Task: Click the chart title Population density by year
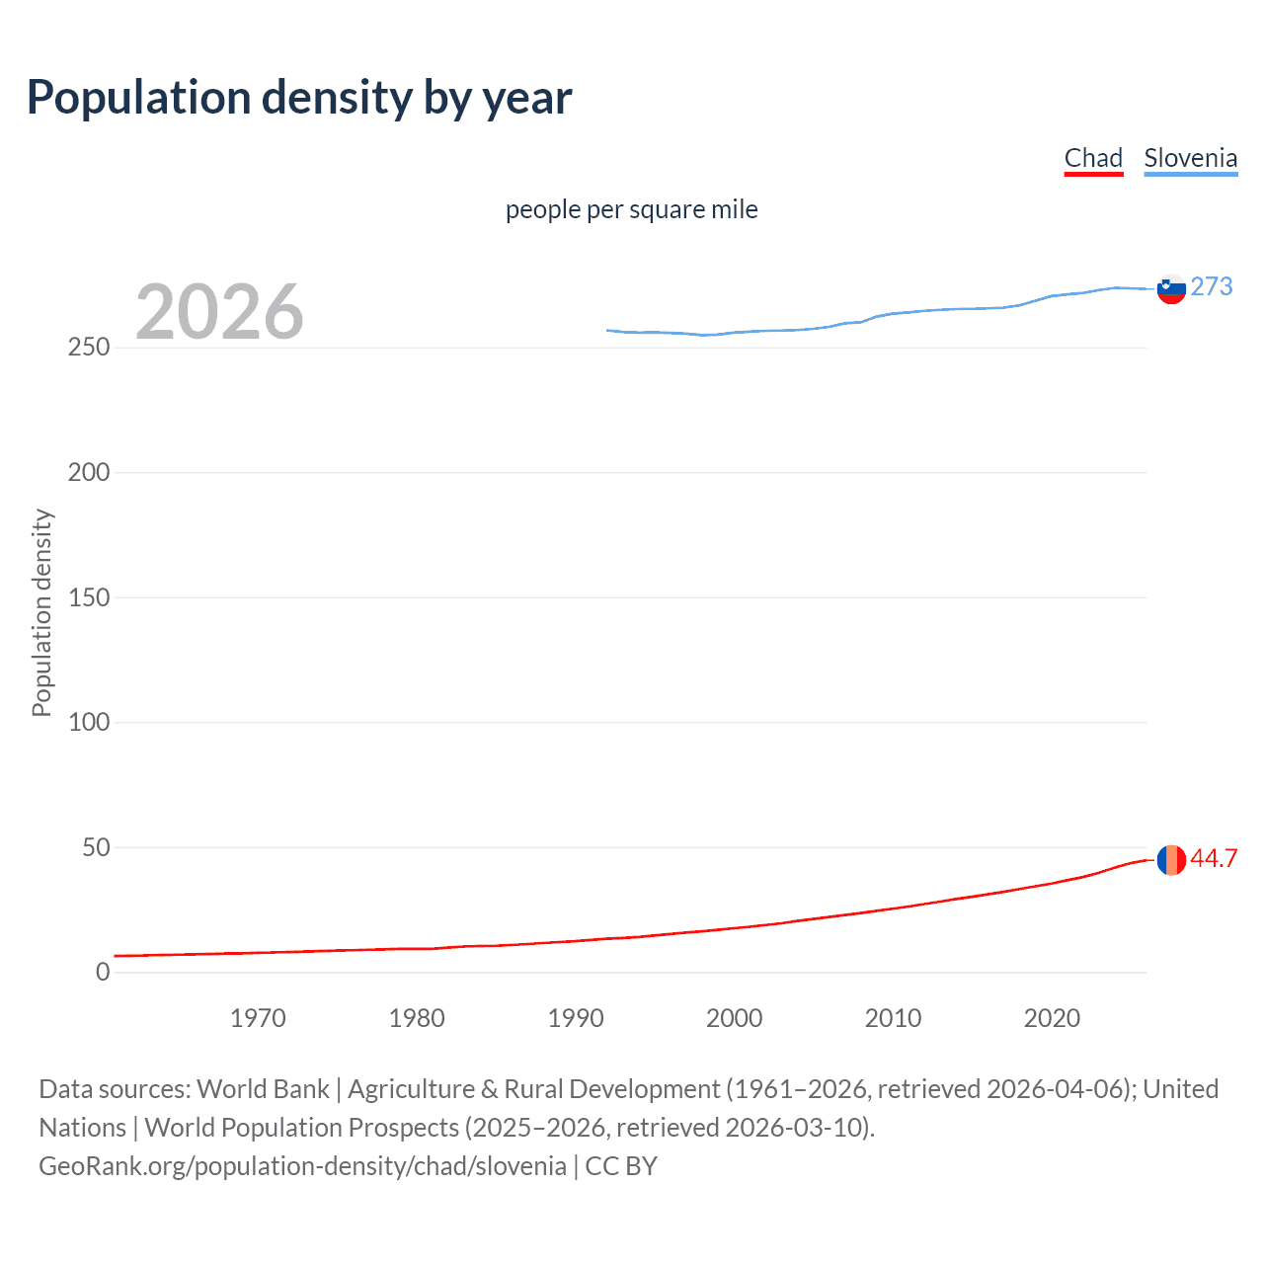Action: point(299,98)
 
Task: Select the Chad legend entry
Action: point(1093,158)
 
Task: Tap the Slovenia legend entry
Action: point(1190,158)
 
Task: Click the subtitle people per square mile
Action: point(631,209)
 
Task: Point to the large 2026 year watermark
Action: point(219,312)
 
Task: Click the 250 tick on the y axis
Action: point(89,348)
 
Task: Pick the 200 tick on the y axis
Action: point(89,472)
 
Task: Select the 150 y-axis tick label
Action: point(89,597)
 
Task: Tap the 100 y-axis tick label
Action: point(89,722)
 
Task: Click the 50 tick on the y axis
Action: point(96,847)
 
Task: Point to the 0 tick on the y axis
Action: point(103,972)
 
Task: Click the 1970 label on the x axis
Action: point(258,1018)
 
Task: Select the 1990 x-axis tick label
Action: point(576,1018)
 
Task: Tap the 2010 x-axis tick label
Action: point(893,1018)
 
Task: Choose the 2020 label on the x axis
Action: point(1052,1018)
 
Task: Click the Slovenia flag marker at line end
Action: point(1171,289)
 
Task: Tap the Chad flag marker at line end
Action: point(1171,860)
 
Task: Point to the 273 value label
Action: point(1212,286)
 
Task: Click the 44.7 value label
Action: point(1214,858)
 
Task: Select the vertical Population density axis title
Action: point(41,612)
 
